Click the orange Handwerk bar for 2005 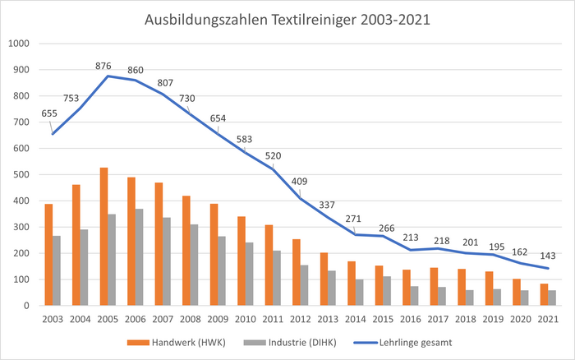103,237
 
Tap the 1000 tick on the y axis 19,44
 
